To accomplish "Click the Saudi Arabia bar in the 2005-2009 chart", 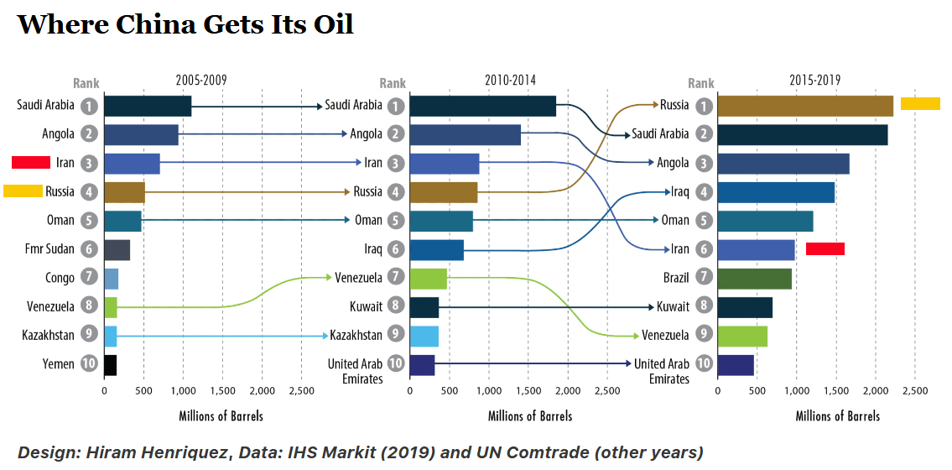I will (x=148, y=106).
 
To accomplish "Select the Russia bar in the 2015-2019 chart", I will (x=805, y=106).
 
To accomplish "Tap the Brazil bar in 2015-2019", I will (x=754, y=278).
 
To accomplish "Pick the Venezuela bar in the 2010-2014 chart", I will (x=428, y=278).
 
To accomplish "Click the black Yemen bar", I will (x=110, y=364).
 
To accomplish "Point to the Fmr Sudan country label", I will (x=49, y=249).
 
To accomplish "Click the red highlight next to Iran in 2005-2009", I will (x=31, y=162).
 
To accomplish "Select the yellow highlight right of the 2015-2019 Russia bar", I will (x=920, y=104).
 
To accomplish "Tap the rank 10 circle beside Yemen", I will (x=89, y=364).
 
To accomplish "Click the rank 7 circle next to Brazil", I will (x=703, y=278).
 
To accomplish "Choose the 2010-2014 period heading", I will (x=510, y=81).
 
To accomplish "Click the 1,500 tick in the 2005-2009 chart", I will (x=222, y=391).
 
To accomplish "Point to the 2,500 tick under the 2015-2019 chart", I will (x=914, y=391).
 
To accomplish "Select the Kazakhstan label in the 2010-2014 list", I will (x=356, y=335).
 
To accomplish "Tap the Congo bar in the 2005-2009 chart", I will (x=111, y=278).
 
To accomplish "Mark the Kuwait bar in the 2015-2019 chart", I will (x=745, y=307).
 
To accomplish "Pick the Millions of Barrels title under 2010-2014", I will (x=530, y=416).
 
